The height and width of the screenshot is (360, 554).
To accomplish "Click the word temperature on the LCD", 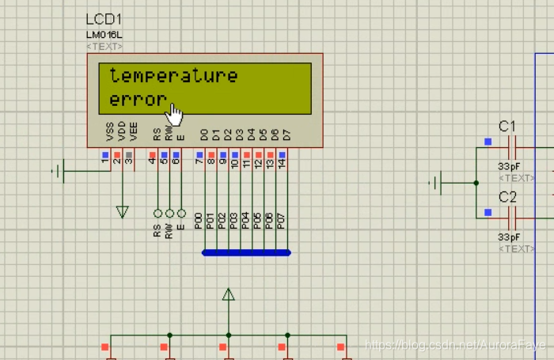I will pos(173,76).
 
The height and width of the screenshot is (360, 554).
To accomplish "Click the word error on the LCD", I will pos(138,100).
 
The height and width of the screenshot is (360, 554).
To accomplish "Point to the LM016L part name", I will pos(104,35).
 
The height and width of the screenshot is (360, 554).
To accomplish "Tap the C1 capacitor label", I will pos(507,126).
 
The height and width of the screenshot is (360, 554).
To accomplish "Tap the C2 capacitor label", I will pos(507,196).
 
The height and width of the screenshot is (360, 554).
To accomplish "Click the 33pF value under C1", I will pos(508,166).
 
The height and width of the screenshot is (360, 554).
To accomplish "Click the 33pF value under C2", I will pos(508,237).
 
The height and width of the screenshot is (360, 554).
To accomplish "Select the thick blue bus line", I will pos(246,253).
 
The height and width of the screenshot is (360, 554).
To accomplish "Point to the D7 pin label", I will pos(286,135).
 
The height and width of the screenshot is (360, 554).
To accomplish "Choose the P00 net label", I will pos(198,222).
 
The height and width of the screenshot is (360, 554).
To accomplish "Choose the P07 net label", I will pos(280,222).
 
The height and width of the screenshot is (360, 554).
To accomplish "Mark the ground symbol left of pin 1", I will pos(60,170).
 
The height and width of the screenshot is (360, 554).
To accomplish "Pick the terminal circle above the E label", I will pos(181,214).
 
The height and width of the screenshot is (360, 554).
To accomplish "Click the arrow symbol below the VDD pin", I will pos(122,211).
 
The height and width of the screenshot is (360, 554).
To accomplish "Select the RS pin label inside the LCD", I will pos(157,135).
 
